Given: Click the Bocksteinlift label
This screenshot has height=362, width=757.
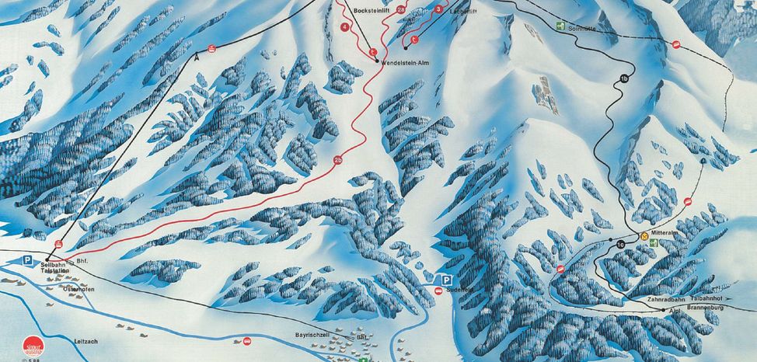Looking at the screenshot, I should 370,12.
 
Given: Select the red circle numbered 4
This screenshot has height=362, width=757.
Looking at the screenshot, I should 344,27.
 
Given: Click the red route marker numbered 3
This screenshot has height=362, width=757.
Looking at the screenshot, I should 439,9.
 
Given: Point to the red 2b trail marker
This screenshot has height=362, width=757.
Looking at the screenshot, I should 338,161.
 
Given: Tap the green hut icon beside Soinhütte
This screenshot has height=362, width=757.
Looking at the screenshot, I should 560,26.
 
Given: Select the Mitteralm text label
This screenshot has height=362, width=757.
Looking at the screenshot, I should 666,232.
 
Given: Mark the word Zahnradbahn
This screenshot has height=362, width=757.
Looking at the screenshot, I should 662,299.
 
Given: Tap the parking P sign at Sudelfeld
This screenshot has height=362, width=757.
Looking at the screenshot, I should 447,280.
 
